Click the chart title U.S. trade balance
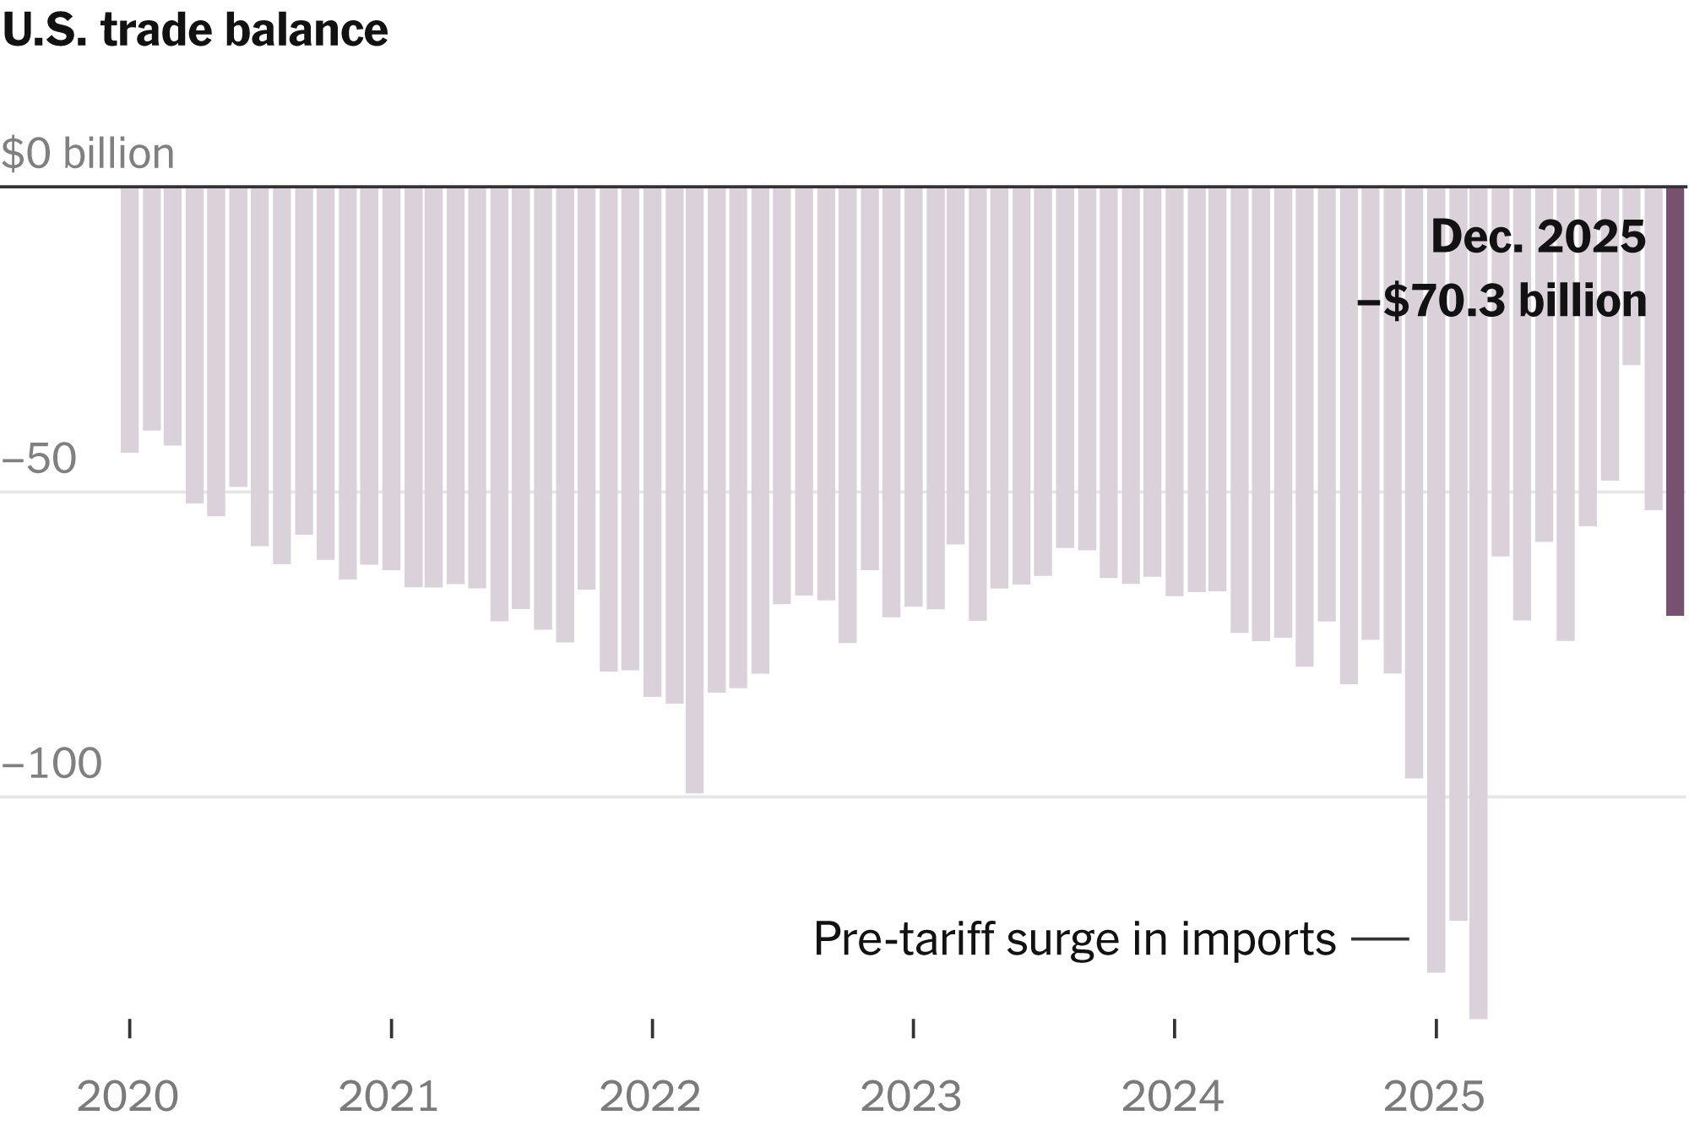click(195, 31)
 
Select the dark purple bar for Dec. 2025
click(1675, 401)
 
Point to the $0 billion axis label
click(88, 154)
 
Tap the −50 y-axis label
click(40, 459)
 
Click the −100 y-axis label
click(52, 764)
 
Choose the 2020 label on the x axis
click(128, 1096)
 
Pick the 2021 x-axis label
click(388, 1096)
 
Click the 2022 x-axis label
click(650, 1096)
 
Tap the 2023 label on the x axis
click(911, 1096)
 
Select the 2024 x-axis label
click(1172, 1096)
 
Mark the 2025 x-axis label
click(1434, 1096)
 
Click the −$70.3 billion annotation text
click(1502, 302)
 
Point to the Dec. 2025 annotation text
click(1538, 237)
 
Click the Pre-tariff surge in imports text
click(1074, 938)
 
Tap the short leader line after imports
click(1380, 938)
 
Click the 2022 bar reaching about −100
click(694, 490)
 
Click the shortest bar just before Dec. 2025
click(1631, 276)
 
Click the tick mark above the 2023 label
click(914, 1028)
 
